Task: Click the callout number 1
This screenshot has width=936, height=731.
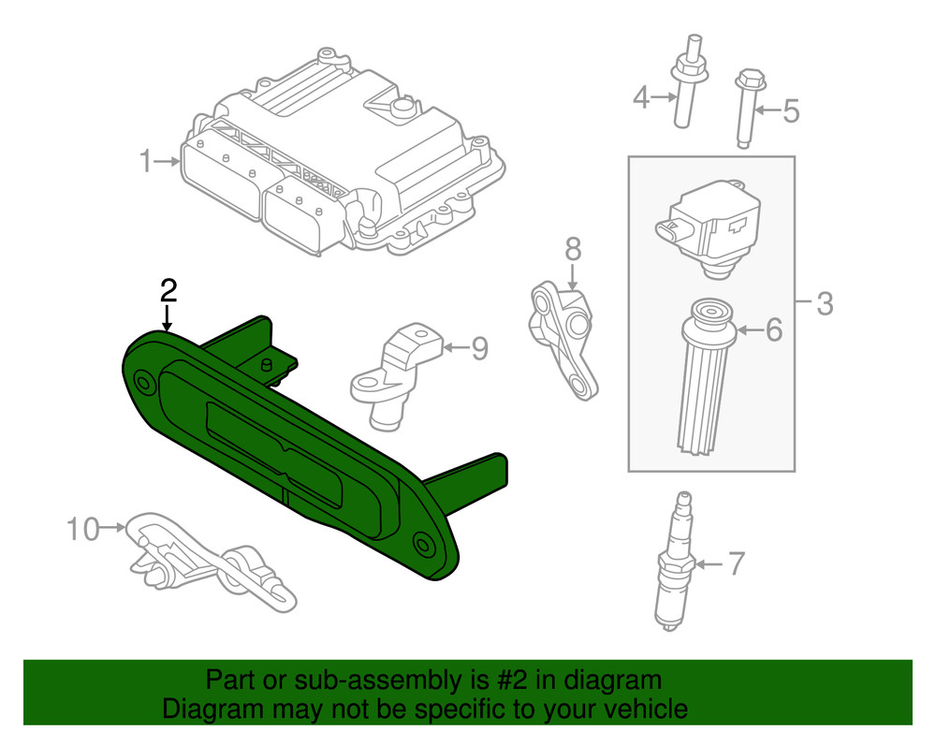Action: tap(145, 162)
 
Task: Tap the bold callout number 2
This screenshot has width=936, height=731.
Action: tap(168, 289)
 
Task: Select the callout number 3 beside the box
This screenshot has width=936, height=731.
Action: tap(823, 303)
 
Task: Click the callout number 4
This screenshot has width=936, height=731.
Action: tap(641, 96)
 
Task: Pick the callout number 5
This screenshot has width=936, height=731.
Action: tap(791, 112)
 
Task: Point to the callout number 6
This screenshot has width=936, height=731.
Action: tap(773, 329)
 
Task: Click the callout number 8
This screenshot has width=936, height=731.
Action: tap(573, 249)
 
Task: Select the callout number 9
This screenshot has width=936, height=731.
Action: tap(478, 348)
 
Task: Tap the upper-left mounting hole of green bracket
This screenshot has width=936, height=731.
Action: tap(144, 381)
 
